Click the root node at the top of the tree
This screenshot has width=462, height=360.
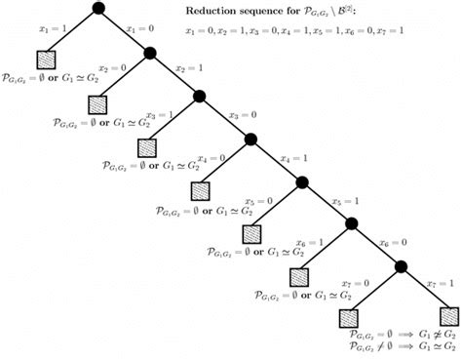98,10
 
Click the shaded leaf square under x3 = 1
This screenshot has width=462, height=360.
147,147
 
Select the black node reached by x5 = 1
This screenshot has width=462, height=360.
350,223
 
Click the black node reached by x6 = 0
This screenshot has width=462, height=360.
400,265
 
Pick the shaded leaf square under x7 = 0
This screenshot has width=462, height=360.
349,317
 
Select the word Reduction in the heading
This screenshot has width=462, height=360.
209,12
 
